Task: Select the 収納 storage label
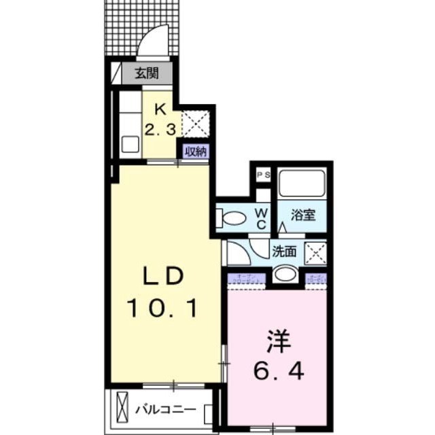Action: pyautogui.click(x=195, y=151)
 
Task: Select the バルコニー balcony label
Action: pyautogui.click(x=164, y=411)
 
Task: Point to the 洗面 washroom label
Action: pyautogui.click(x=284, y=251)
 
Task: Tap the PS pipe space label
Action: pyautogui.click(x=263, y=175)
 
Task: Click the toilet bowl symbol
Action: pyautogui.click(x=232, y=218)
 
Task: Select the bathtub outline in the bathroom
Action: pyautogui.click(x=302, y=184)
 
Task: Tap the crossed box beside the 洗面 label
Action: pyautogui.click(x=315, y=251)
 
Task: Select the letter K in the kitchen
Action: pyautogui.click(x=161, y=108)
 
